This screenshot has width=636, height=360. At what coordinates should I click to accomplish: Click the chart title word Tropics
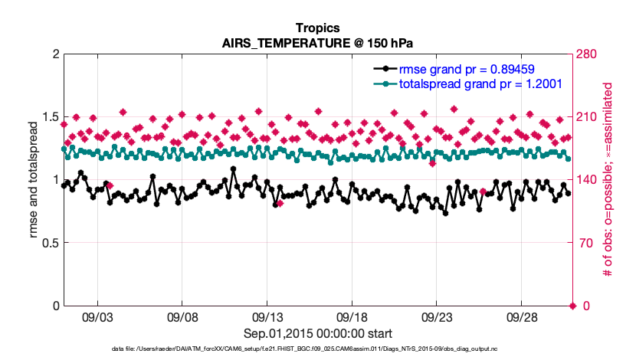pos(317,28)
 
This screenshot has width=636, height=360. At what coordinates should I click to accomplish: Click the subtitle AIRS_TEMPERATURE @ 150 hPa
pos(317,42)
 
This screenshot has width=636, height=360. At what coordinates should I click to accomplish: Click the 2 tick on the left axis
pos(54,54)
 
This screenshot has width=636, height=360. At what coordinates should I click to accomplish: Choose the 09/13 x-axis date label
pos(268,316)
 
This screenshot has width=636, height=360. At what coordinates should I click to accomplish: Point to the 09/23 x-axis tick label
pos(438,316)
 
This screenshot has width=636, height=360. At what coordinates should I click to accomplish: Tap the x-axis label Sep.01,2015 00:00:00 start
pos(317,333)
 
